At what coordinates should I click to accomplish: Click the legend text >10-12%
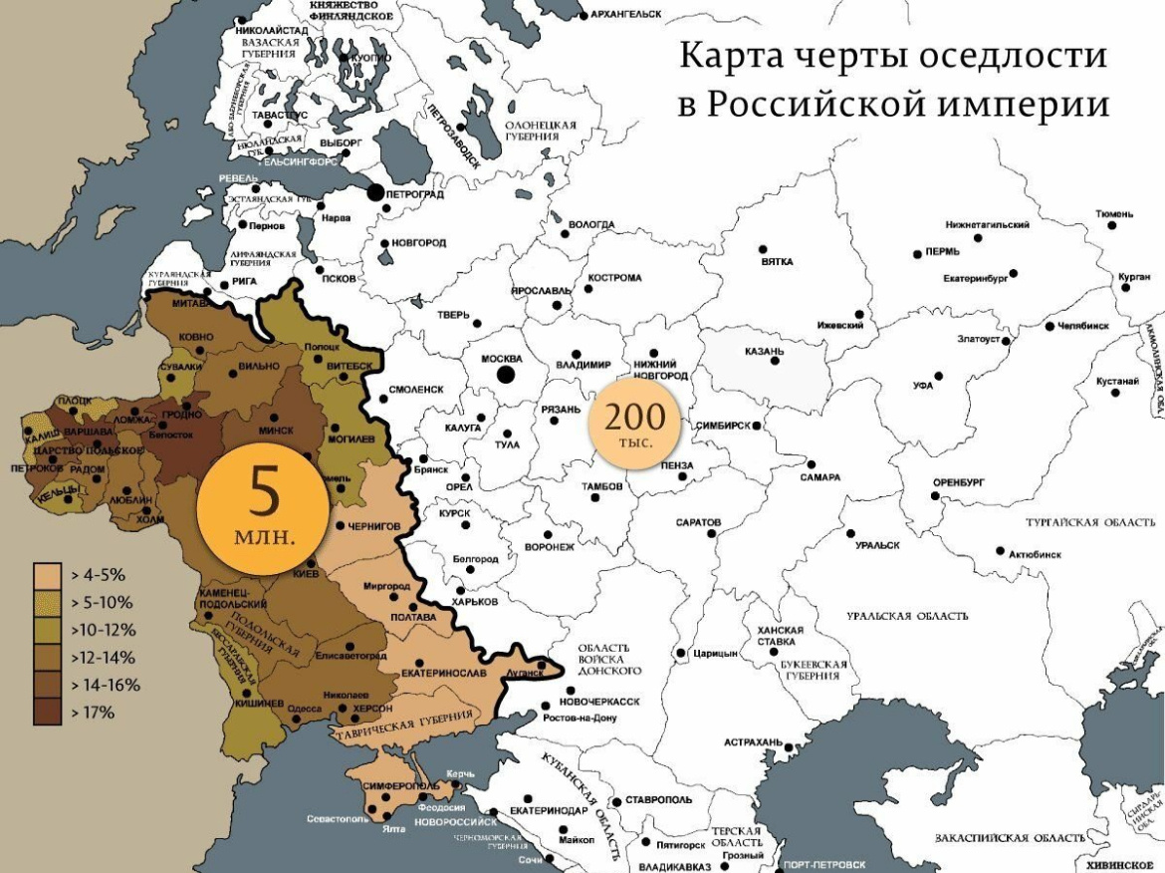104,630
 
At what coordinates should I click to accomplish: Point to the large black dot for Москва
506,375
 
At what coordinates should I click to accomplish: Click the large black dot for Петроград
376,193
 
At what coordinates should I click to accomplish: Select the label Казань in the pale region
765,352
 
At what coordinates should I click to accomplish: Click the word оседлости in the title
1007,56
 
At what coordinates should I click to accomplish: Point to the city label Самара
819,477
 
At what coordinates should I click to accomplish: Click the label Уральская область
907,616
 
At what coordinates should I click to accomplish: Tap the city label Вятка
777,262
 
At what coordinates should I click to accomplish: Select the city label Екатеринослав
444,673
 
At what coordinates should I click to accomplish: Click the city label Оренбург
958,482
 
